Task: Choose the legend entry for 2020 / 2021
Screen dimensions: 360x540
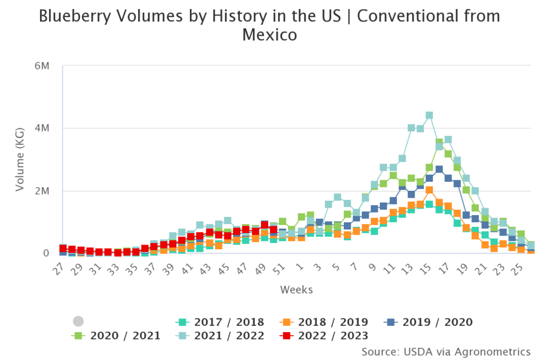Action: point(116,336)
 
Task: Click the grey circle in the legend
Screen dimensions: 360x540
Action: point(78,321)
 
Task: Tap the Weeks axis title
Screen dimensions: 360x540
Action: point(296,290)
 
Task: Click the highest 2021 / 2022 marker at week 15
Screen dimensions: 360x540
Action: point(429,115)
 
